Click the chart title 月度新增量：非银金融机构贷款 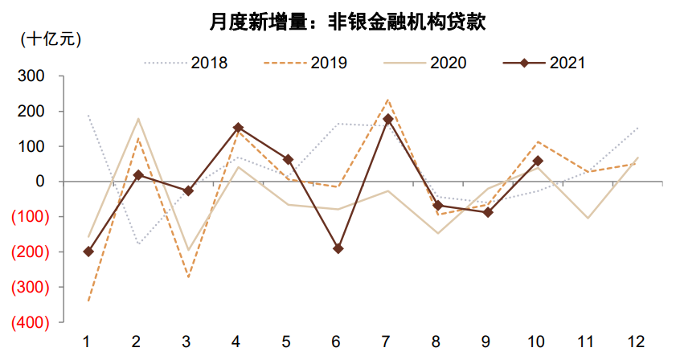pyautogui.click(x=338, y=22)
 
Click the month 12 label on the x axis pyautogui.click(x=637, y=342)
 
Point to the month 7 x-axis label pyautogui.click(x=387, y=342)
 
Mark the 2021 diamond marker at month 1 pyautogui.click(x=88, y=252)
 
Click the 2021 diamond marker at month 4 pyautogui.click(x=238, y=127)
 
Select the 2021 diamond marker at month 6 pyautogui.click(x=338, y=249)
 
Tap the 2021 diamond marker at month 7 pyautogui.click(x=387, y=119)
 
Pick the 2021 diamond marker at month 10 pyautogui.click(x=537, y=161)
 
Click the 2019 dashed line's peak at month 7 pyautogui.click(x=387, y=100)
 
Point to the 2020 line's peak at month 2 pyautogui.click(x=137, y=119)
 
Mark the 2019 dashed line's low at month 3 pyautogui.click(x=188, y=277)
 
